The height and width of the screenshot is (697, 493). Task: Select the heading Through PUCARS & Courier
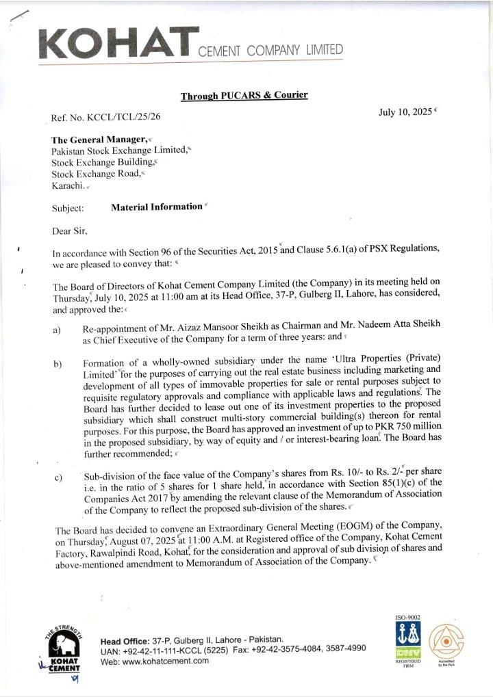[244, 96]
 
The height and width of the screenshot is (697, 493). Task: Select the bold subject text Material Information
[157, 207]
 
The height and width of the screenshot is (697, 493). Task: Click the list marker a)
[58, 331]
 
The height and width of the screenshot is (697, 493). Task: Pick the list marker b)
[58, 363]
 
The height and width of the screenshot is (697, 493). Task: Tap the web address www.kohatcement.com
[165, 661]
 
